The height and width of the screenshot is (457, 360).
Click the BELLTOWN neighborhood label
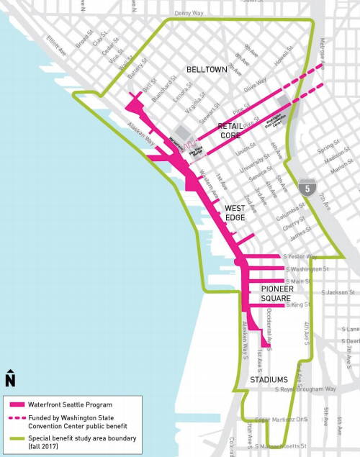pyautogui.click(x=207, y=70)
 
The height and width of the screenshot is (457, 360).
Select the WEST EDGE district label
pyautogui.click(x=235, y=212)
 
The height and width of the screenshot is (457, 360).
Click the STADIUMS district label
pyautogui.click(x=269, y=379)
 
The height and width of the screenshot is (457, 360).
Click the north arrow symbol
pyautogui.click(x=11, y=378)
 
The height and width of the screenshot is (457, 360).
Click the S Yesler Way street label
pyautogui.click(x=300, y=256)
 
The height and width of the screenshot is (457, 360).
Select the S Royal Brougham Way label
pyautogui.click(x=306, y=389)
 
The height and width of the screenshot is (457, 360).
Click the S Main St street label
pyautogui.click(x=298, y=281)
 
